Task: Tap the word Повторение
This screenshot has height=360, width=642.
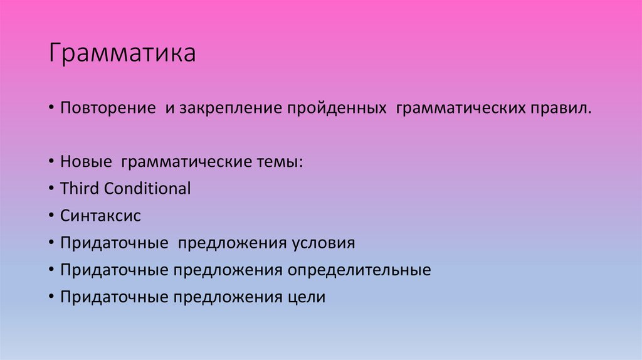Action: (108, 109)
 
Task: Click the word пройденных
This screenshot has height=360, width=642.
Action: (337, 109)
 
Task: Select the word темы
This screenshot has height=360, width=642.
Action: (281, 162)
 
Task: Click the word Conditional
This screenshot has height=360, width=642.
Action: (147, 188)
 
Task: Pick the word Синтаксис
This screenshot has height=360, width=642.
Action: (100, 216)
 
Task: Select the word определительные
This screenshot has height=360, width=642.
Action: (359, 270)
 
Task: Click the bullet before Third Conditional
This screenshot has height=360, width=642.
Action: (51, 189)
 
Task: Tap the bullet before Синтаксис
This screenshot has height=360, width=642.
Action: (51, 216)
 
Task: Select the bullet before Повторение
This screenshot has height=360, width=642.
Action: (51, 109)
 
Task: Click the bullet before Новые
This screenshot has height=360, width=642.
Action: (51, 162)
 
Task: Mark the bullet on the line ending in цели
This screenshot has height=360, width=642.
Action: (51, 297)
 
